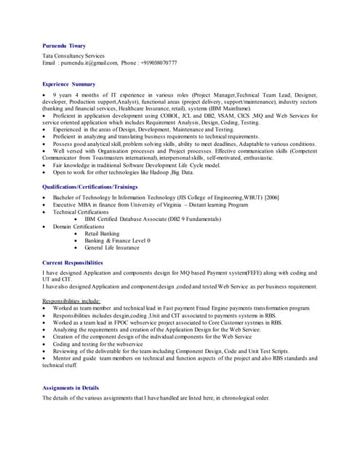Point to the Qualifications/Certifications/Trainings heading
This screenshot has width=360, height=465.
(x=91, y=187)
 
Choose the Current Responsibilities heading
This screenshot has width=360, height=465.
(x=73, y=262)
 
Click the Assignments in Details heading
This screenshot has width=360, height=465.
(x=71, y=388)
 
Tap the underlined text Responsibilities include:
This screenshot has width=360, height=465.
(x=71, y=300)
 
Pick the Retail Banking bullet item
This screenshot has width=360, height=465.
(x=101, y=233)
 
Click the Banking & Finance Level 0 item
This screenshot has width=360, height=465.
(x=117, y=240)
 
